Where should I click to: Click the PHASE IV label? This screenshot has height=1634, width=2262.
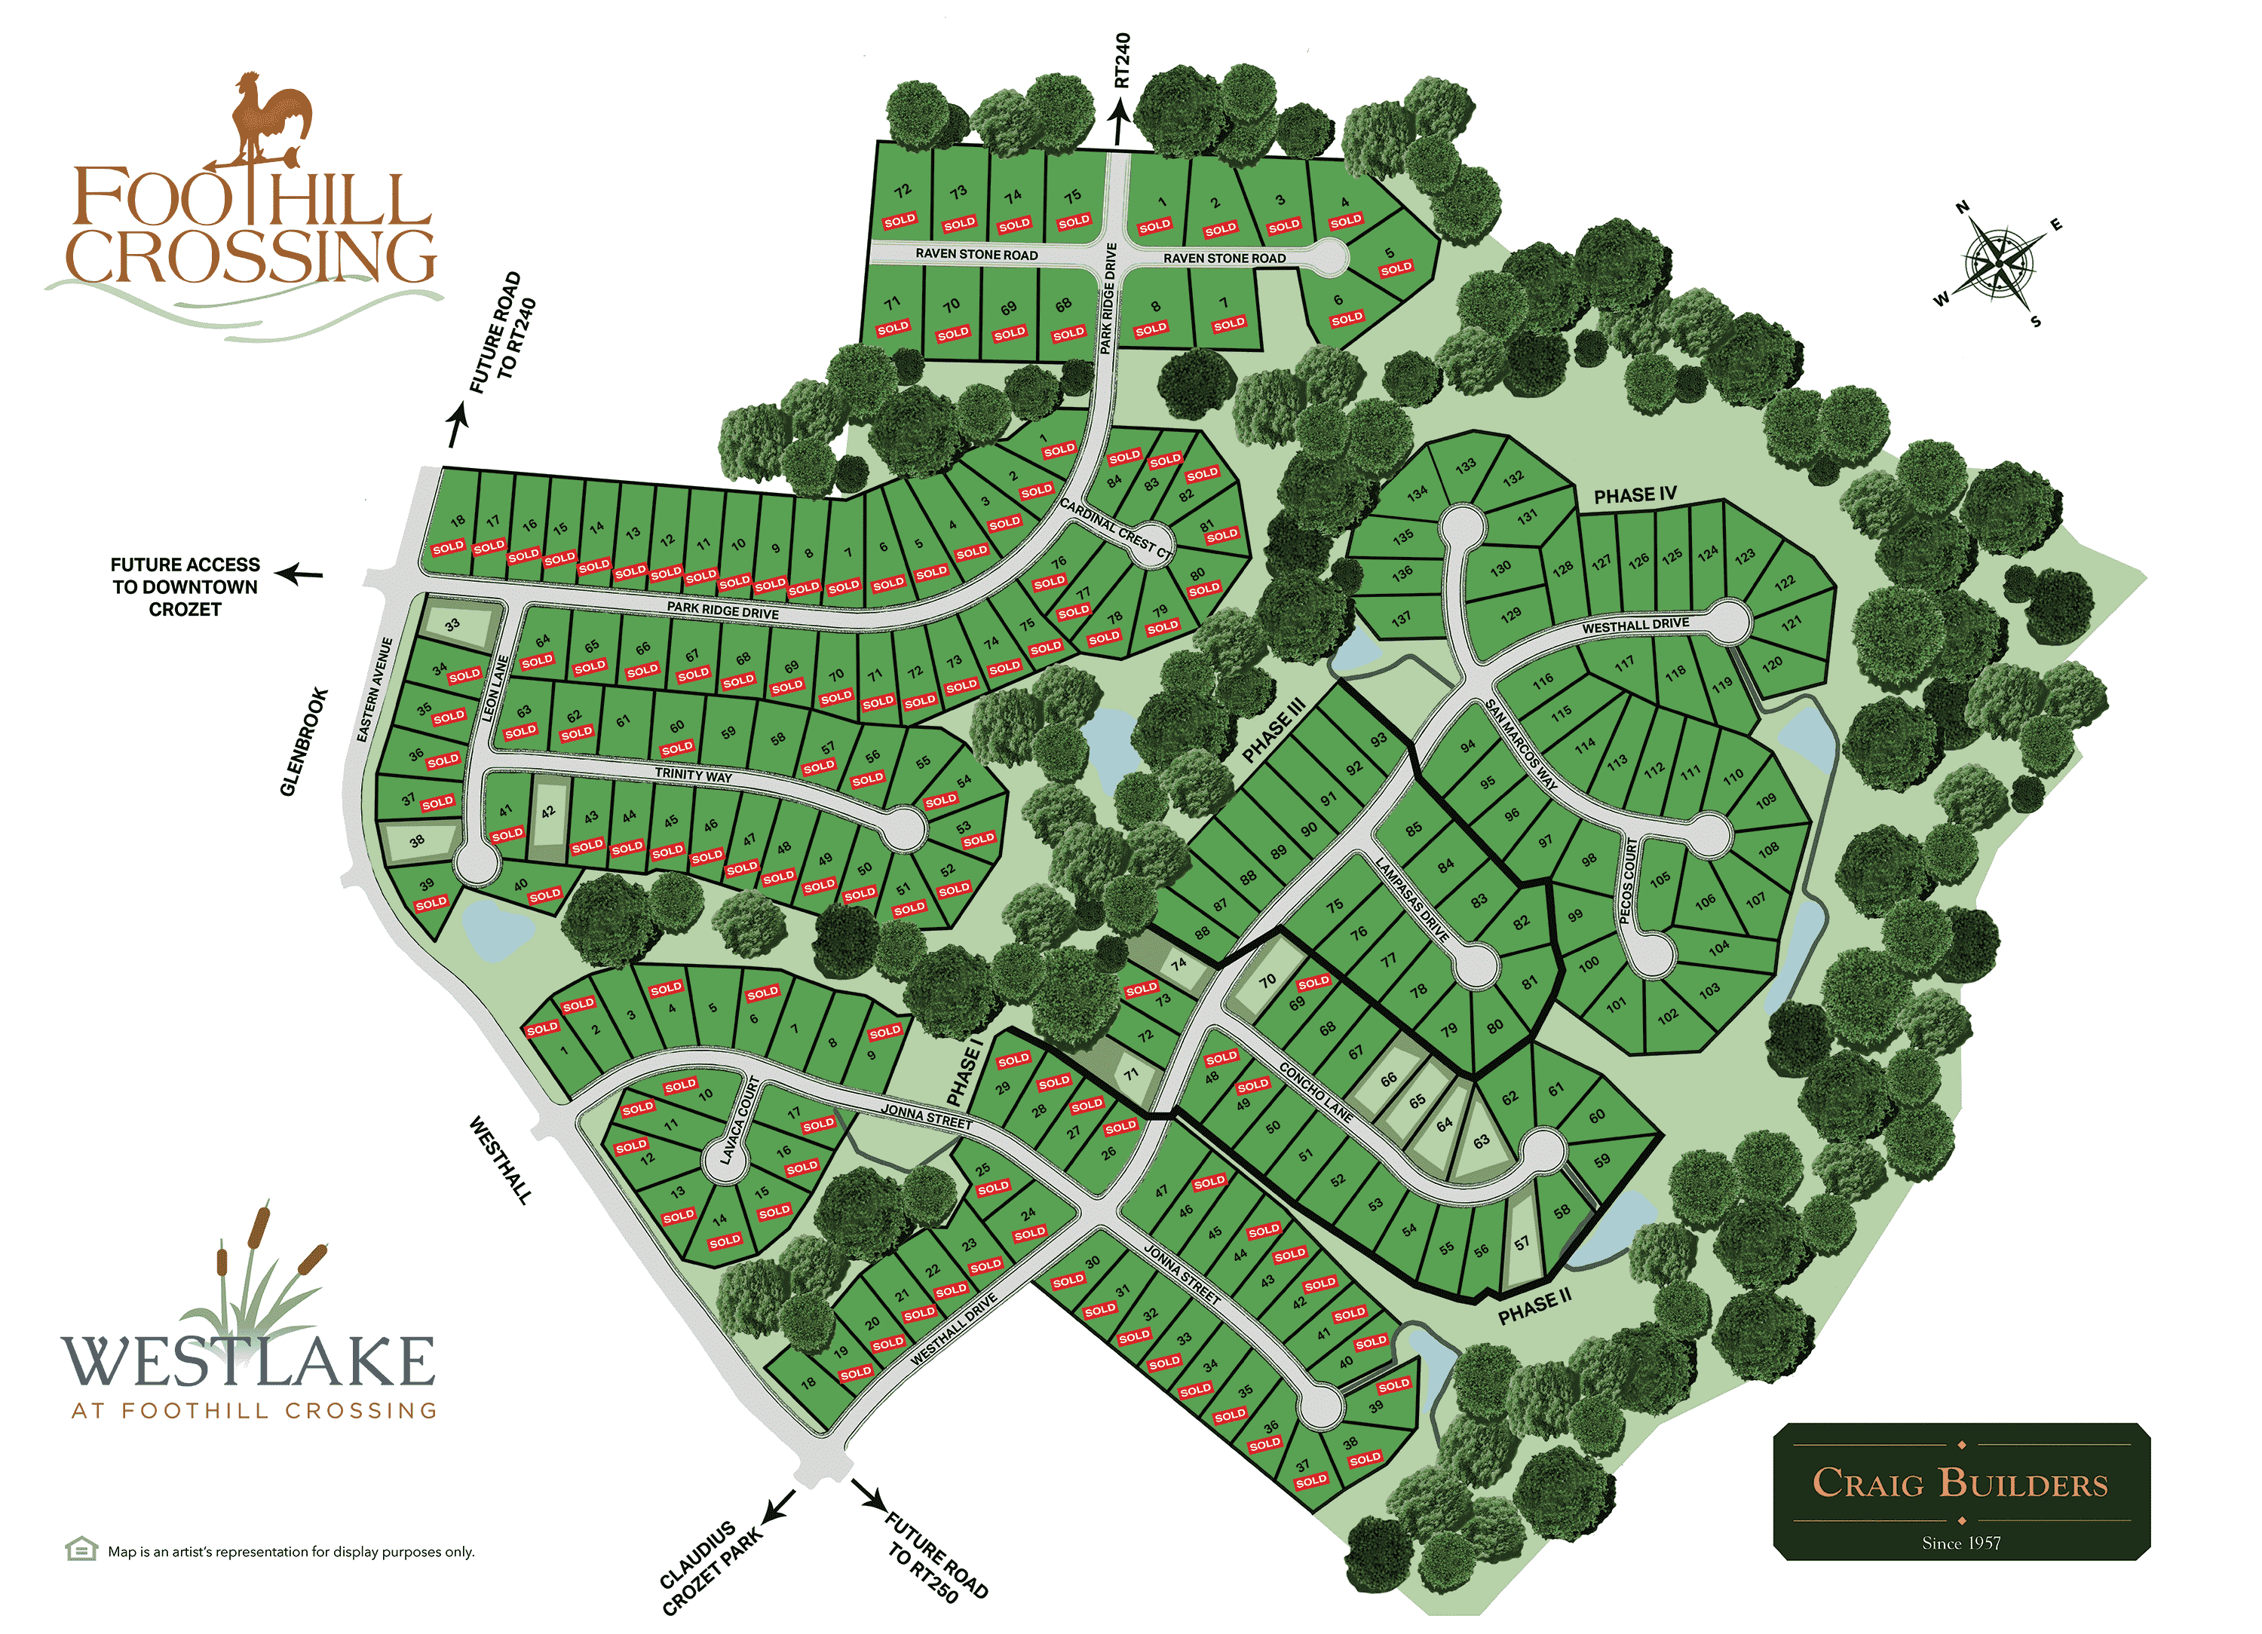pos(1635,495)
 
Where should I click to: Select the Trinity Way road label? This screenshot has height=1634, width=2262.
pos(693,776)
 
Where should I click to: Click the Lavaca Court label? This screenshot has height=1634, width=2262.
pos(739,1121)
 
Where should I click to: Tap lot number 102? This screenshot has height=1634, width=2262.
pos(1668,1017)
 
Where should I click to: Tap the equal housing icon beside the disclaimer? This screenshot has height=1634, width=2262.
pos(81,1550)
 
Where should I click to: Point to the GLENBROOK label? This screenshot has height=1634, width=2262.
pos(304,742)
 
